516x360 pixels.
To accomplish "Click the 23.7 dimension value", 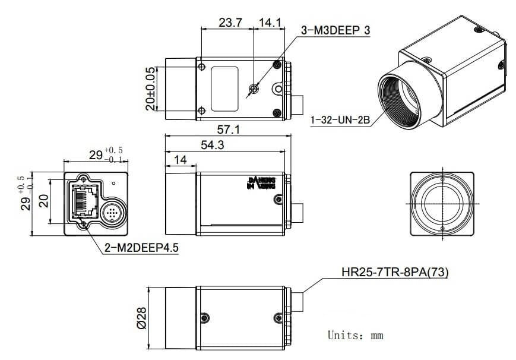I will point(230,23).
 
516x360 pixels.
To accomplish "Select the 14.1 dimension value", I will point(269,23).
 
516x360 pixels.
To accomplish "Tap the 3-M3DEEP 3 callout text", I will point(336,30).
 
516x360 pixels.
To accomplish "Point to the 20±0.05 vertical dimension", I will point(151,88).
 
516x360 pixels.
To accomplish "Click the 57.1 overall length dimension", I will point(229,130).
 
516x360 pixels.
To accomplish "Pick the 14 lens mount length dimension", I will point(181,161).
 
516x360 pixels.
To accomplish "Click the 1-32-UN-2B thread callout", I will point(340,121).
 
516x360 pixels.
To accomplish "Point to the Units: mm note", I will point(356,336).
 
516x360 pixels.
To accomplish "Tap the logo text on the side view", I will point(261,182).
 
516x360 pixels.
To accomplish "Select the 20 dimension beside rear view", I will point(43,201).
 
